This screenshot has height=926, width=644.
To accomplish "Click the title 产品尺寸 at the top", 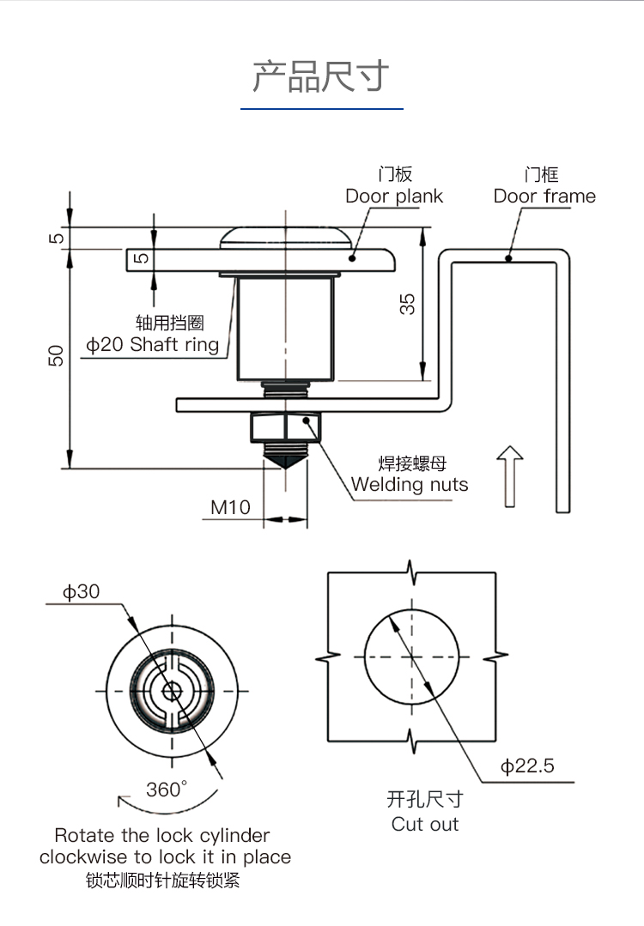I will pos(321,76).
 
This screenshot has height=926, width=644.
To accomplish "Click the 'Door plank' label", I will pos(394,197).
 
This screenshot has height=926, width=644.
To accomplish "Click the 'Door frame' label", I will pos(544,197).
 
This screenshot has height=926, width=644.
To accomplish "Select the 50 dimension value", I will pos(56,355).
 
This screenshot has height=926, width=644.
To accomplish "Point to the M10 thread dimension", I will pos(231,507).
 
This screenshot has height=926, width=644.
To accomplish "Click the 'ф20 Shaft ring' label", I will pos(153,345).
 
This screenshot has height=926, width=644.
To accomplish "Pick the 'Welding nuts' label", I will pos(410,485).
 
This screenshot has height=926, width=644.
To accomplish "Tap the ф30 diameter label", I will pos(81,591).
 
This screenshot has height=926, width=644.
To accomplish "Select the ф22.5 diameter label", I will pos(528,766).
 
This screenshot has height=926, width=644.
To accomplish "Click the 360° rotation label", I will pos(166,790).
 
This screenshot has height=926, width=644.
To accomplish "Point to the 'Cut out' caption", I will pos(425,825).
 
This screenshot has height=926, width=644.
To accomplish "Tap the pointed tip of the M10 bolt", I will pos(285,464).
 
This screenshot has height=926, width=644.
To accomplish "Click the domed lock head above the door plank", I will pos(285,237).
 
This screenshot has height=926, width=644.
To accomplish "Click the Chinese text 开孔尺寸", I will pos(425,800).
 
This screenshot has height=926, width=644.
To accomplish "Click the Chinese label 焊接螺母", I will pos(413,463).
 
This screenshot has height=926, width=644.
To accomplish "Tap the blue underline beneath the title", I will pos(321,109).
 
